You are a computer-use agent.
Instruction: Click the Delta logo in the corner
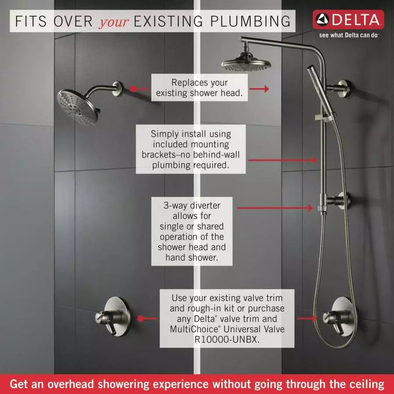click(x=348, y=20)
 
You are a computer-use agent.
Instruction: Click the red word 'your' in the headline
click(x=114, y=22)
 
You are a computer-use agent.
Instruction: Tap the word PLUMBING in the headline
click(x=250, y=21)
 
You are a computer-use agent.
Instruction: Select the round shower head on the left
click(x=77, y=107)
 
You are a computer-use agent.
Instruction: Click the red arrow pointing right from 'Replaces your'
click(x=259, y=89)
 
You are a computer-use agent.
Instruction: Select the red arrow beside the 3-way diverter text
click(x=274, y=208)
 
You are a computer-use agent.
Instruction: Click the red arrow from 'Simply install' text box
click(x=282, y=160)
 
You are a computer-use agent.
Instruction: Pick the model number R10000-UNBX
click(x=227, y=339)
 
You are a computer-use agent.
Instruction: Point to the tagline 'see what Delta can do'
click(x=348, y=35)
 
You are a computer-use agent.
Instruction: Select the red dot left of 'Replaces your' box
click(x=133, y=89)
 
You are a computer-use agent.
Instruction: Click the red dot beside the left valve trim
click(x=141, y=318)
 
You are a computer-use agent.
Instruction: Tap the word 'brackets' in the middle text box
click(x=159, y=155)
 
